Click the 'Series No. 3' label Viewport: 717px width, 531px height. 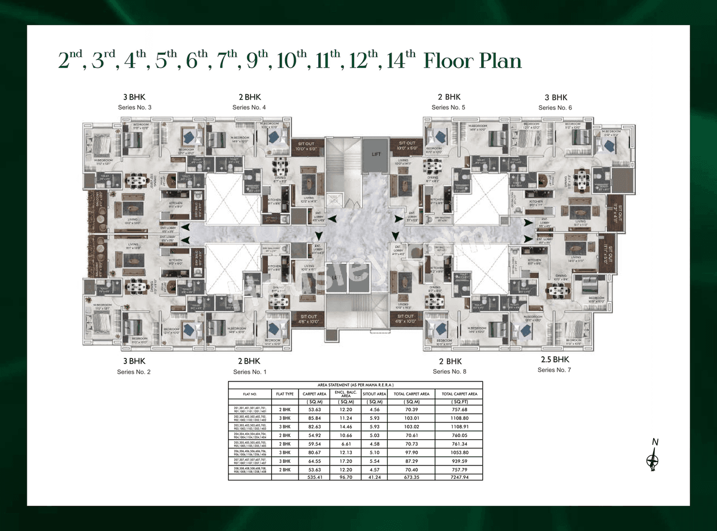[x=134, y=107]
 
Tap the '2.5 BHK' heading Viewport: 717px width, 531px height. [x=555, y=359]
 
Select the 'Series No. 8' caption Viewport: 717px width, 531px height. [x=449, y=371]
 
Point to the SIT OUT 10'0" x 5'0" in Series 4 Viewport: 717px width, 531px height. [x=306, y=147]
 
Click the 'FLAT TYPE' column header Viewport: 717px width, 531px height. [x=285, y=394]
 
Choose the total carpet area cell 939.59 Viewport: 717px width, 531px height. [x=458, y=461]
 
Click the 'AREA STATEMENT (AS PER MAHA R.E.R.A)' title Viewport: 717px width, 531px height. [x=355, y=385]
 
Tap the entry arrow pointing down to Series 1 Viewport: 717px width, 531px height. [x=319, y=236]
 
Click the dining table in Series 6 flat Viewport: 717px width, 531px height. [x=583, y=178]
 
